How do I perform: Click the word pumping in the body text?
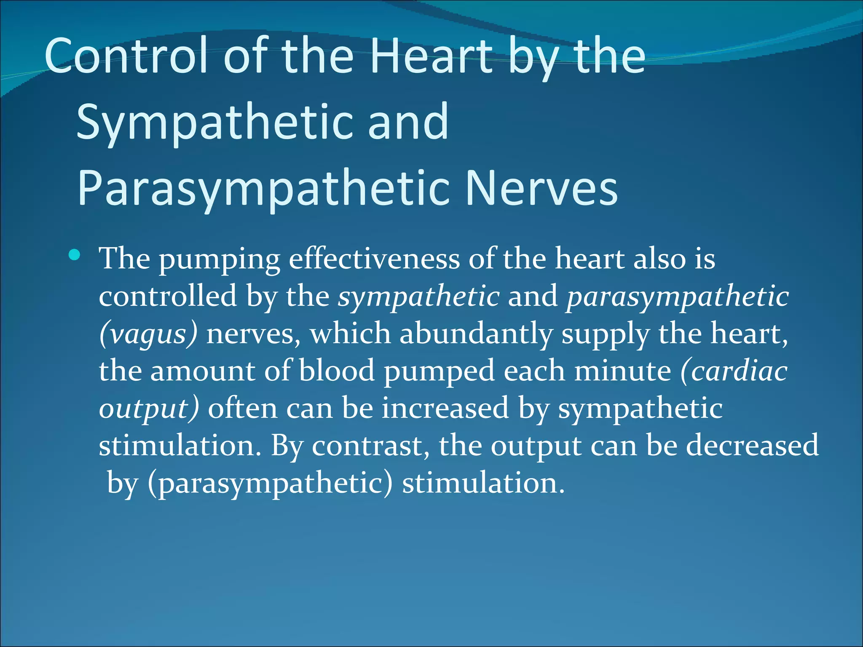[219, 260]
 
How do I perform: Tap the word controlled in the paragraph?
[168, 296]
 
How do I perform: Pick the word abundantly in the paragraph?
[476, 333]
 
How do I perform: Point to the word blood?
[337, 371]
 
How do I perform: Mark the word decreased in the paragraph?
[752, 445]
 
